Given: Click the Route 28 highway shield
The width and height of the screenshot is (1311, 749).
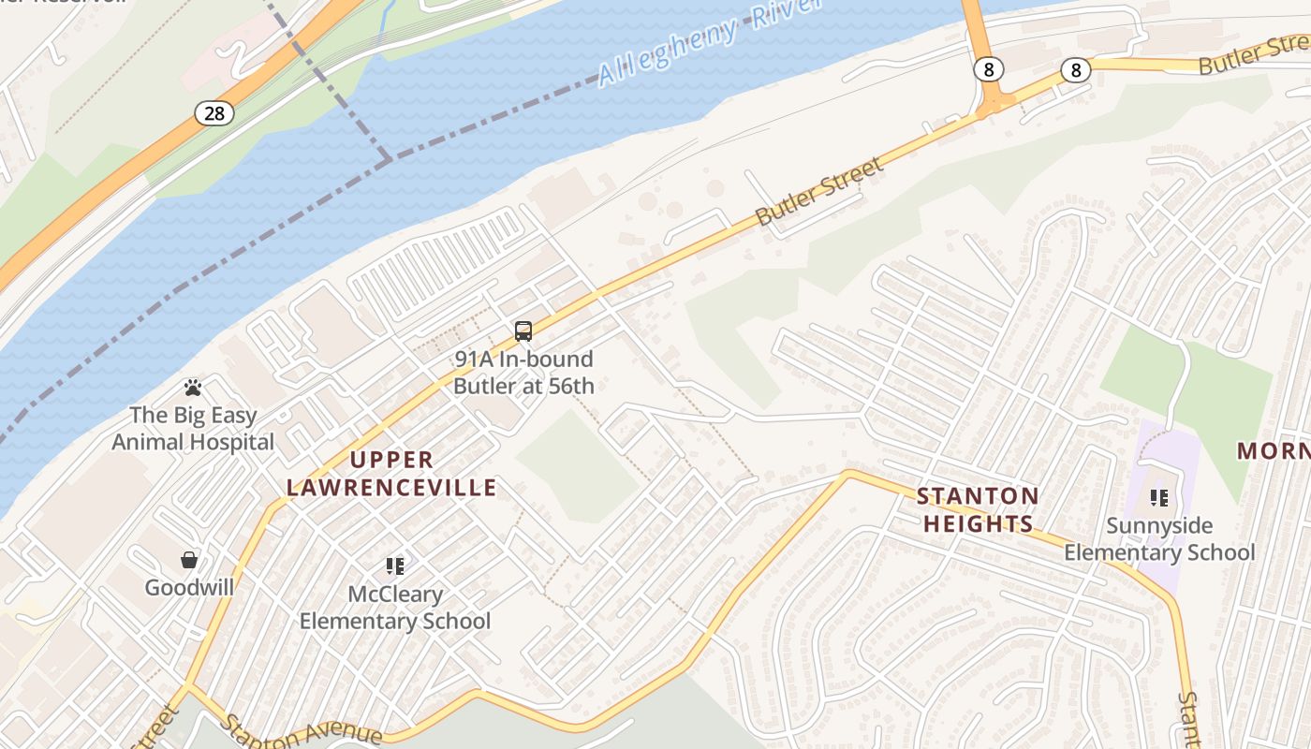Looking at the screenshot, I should point(214,113).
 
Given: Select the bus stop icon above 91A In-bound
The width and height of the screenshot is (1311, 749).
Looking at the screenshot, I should point(523,330).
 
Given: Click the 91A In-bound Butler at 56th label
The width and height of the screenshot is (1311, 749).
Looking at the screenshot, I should point(523,373).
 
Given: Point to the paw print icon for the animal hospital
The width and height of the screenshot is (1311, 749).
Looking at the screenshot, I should point(193,387).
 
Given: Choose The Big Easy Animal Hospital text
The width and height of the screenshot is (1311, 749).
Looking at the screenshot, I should point(193,429).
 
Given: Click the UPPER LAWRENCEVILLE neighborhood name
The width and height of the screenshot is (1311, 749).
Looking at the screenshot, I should point(391,474).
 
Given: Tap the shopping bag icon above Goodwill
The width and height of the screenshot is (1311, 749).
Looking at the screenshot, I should point(189,560).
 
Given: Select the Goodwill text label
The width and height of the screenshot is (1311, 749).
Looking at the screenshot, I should point(189,588).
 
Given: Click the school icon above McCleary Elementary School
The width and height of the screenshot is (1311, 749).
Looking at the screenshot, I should point(394,565).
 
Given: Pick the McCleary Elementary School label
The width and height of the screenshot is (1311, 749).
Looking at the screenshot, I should point(394,608).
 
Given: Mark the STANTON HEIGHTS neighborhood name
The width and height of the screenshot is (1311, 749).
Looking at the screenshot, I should point(978,510).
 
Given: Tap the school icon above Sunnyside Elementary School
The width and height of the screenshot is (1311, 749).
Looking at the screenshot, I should point(1159,498).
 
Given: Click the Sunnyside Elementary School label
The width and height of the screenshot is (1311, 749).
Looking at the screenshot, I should point(1159,539).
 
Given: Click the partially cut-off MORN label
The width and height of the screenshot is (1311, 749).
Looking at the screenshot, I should point(1274,451).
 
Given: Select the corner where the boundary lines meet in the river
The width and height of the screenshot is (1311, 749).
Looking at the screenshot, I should point(389,160).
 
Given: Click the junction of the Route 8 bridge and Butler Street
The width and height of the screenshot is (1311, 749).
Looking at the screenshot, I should point(992,104).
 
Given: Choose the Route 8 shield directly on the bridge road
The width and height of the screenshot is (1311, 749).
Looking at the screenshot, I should point(988,69).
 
